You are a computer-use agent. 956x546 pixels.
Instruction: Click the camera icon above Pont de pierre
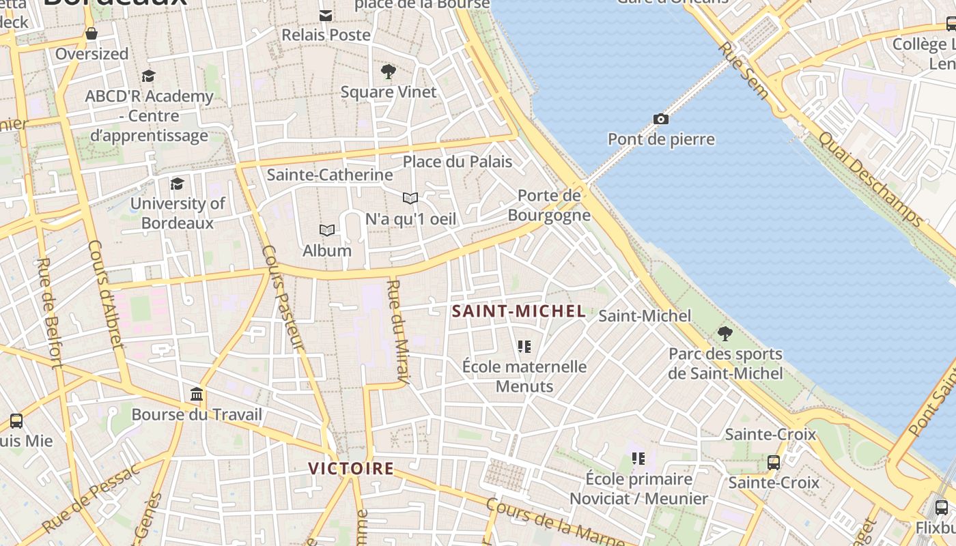pos(660,119)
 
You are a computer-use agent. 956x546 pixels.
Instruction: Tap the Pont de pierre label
pos(661,139)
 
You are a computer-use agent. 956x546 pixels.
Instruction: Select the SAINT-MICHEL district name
pos(519,311)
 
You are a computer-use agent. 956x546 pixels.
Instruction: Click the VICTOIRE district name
pos(351,468)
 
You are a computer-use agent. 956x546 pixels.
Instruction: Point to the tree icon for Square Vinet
pos(389,72)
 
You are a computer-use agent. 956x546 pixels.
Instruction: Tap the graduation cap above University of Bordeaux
pos(177,184)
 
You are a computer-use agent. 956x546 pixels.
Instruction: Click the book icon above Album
pos(327,231)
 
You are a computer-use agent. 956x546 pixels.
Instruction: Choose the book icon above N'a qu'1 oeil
pos(410,199)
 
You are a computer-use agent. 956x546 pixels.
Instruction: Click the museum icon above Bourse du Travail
pos(197,394)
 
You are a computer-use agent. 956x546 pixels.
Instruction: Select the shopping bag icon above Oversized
pos(92,33)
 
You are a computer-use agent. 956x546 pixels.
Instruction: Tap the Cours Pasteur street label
pos(281,298)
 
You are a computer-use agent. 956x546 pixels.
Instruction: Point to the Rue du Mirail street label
pos(397,332)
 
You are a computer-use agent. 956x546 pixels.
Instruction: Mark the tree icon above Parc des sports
pos(725,334)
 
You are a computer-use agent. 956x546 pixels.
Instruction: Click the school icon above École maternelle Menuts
pos(524,347)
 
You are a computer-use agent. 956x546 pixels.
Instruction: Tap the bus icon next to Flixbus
pos(941,507)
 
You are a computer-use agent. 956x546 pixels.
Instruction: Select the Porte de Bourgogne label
pos(549,205)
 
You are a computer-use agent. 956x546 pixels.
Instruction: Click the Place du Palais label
pos(457,162)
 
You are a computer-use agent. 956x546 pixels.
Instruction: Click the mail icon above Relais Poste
pos(326,15)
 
